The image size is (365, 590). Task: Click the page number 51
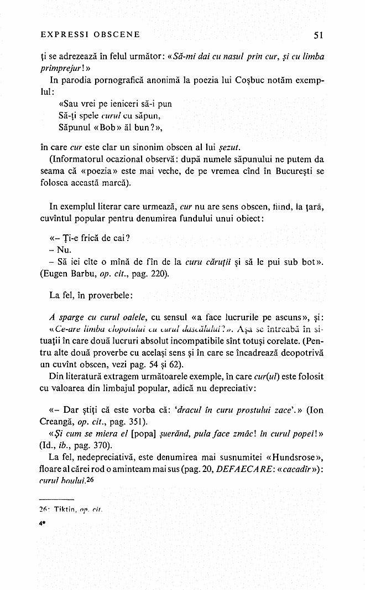pyautogui.click(x=319, y=35)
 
